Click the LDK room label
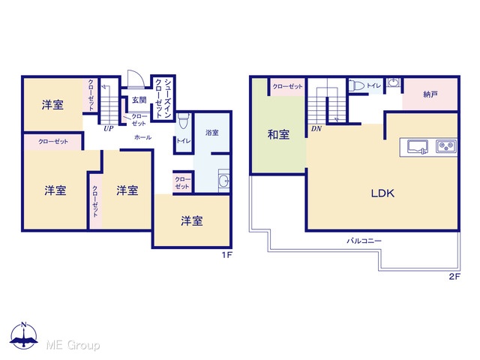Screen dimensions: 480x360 pos(382,193)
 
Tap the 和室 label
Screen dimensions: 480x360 pos(278,134)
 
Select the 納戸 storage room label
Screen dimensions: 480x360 pos(430,94)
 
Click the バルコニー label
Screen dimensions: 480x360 pos(364,241)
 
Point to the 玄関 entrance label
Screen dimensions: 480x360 pos(139,100)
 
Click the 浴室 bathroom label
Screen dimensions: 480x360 pos(211,133)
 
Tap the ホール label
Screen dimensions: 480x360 pos(142,137)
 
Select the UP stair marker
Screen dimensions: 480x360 pos(108,128)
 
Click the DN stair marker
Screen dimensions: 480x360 pos(316,129)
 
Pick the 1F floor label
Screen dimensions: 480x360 pos(226,255)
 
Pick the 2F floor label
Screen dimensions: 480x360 pos(454,277)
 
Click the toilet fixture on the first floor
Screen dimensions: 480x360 pos(183,121)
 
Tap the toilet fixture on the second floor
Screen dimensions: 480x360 pos(357,85)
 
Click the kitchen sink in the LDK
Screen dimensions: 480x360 pos(418,147)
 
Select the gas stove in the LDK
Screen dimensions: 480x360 pos(446,146)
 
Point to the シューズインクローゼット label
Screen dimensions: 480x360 pos(163,98)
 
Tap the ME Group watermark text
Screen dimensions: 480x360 pos(73,345)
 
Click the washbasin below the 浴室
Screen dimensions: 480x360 pos(223,181)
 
